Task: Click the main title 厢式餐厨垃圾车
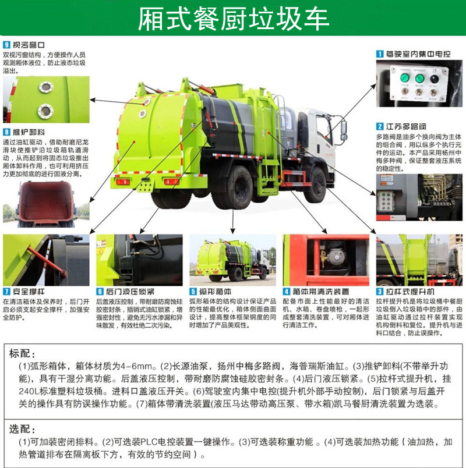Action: click(234, 19)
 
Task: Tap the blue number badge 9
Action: click(6, 45)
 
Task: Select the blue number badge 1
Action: click(379, 54)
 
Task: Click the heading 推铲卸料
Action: click(29, 132)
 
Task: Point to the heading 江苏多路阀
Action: click(406, 126)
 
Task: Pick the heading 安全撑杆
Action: click(29, 291)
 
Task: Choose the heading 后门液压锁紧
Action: click(130, 291)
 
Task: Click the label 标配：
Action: click(22, 353)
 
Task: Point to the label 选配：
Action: click(22, 429)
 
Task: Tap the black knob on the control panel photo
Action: click(434, 79)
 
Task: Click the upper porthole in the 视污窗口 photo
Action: click(46, 87)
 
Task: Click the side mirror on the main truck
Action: click(344, 130)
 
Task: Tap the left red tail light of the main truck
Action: click(123, 182)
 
